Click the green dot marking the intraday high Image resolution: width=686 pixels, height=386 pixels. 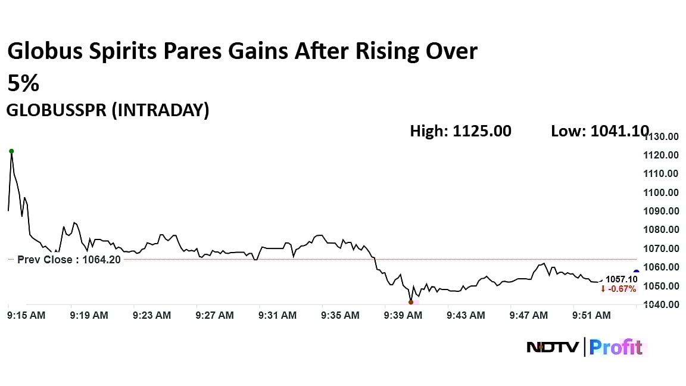[11, 151]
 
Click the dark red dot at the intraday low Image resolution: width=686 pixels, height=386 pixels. [411, 302]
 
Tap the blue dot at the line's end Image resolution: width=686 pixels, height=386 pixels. [636, 272]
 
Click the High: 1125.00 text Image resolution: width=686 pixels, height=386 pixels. [460, 131]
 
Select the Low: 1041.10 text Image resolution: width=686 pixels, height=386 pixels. [600, 131]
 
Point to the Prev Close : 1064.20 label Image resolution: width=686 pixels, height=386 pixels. [68, 260]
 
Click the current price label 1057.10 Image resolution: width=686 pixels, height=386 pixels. [621, 279]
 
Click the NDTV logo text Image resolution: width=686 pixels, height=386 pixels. [553, 347]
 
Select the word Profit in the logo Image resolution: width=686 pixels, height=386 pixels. [616, 347]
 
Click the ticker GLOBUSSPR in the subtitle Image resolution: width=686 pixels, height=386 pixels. [57, 111]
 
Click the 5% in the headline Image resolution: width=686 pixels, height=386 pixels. [23, 83]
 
